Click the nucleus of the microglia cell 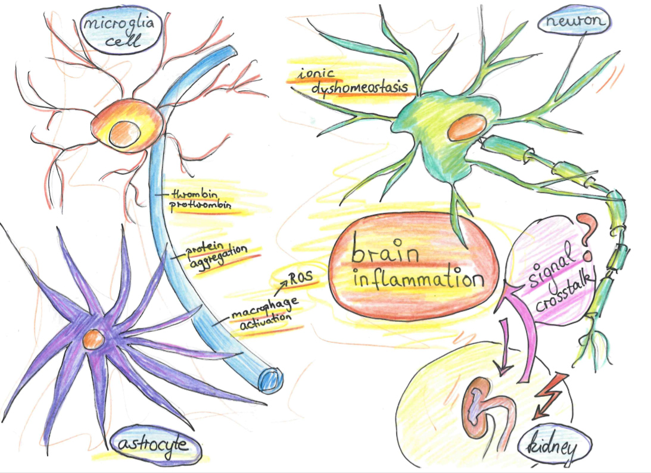126,132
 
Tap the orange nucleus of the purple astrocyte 93,340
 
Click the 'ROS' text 300,276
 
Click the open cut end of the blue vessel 271,378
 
